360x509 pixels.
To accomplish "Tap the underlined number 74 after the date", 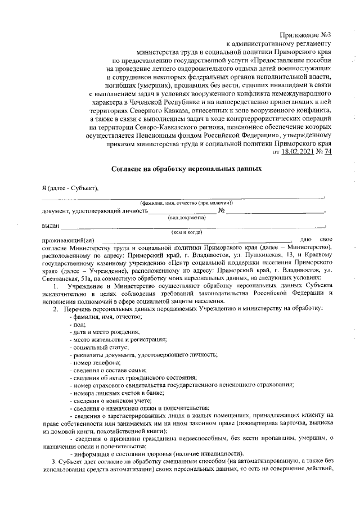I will [327, 151].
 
